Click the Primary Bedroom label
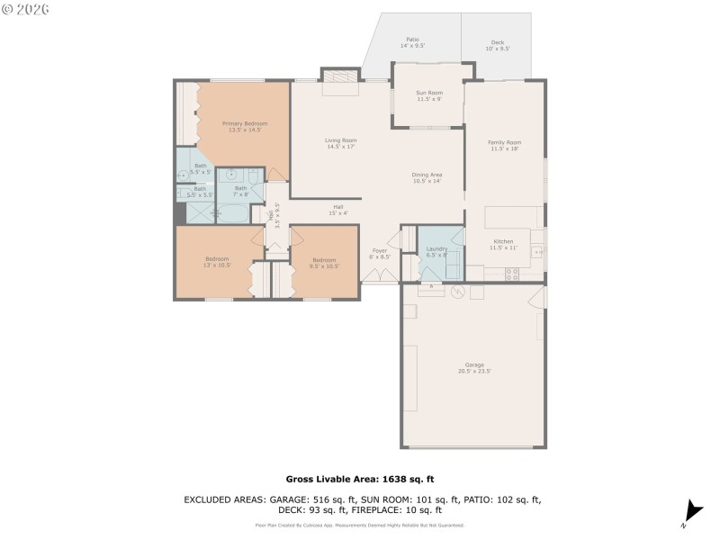click(245, 123)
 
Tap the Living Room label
click(341, 140)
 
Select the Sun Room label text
click(428, 93)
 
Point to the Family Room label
click(505, 142)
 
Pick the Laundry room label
click(437, 248)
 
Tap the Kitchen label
click(502, 241)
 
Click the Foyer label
click(380, 251)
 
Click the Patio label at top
click(412, 40)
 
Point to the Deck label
click(498, 42)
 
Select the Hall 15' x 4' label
click(338, 207)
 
